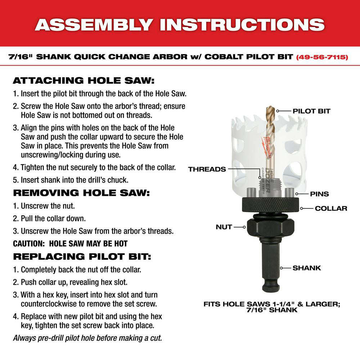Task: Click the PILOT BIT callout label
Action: coord(311,111)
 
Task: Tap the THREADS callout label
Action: coord(207,169)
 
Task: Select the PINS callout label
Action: coord(319,194)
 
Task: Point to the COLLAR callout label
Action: coord(331,208)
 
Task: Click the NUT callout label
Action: coord(224,227)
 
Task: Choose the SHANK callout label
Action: coord(306,268)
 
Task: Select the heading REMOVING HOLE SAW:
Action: coord(81,192)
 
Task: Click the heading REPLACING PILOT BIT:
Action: coord(82,257)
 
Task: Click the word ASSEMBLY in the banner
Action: coord(93,24)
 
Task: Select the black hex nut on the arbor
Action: coord(270,227)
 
